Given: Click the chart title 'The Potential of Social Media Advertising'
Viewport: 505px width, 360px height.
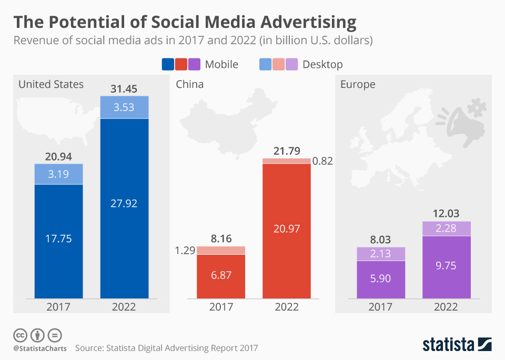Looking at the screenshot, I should click(x=185, y=22).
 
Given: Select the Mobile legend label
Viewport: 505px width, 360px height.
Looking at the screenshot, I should click(x=221, y=64).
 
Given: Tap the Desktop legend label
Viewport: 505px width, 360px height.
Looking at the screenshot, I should click(x=322, y=64).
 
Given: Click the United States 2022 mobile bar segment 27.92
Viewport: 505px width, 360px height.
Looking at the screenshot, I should click(x=124, y=203).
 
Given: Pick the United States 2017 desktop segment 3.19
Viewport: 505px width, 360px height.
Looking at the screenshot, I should click(x=58, y=174).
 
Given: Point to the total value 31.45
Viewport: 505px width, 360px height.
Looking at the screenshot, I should click(x=124, y=88).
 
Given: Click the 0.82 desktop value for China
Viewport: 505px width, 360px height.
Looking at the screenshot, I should click(x=323, y=161).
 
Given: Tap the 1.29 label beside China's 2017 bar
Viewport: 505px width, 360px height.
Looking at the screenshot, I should click(x=185, y=251).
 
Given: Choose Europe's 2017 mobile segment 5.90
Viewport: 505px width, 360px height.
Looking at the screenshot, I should click(x=380, y=278).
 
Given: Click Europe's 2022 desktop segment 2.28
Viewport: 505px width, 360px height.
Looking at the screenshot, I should click(x=447, y=228).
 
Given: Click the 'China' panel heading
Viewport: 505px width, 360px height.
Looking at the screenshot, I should click(x=189, y=84).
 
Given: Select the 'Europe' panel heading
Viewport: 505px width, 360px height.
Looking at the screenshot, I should click(x=358, y=84).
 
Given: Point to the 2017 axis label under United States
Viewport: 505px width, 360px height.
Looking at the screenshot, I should click(x=58, y=307).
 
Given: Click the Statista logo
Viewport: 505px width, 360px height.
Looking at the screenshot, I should click(x=457, y=345).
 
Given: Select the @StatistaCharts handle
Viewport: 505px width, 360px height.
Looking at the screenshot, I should click(x=39, y=348).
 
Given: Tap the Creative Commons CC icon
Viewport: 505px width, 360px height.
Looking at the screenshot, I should click(x=20, y=335).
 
